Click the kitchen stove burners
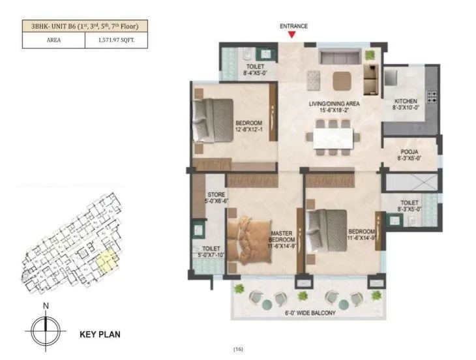432,98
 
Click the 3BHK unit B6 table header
85,26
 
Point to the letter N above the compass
45,305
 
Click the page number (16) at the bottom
238,350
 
